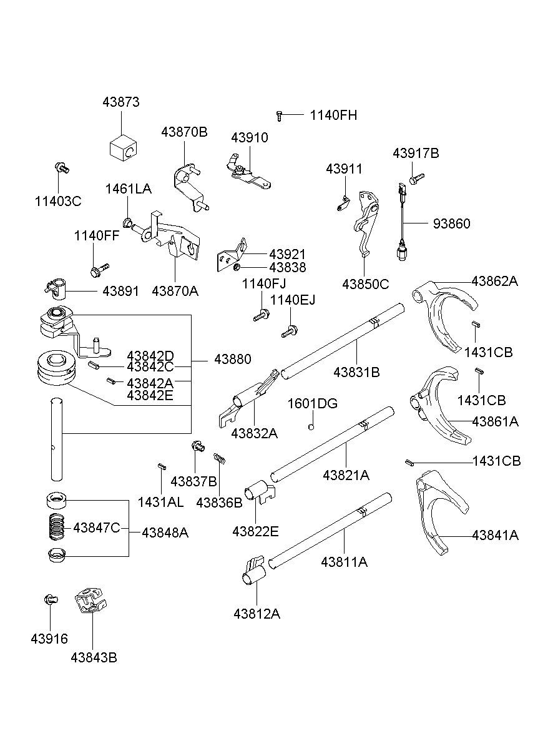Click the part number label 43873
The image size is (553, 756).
[121, 102]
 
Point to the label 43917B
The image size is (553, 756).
[416, 154]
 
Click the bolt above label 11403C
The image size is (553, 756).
[61, 167]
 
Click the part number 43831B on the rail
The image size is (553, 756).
[356, 373]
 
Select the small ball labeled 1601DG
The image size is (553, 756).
[311, 427]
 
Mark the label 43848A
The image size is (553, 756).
[165, 533]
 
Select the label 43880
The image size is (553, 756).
[232, 360]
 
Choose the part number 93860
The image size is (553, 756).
[451, 223]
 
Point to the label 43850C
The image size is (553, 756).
[365, 285]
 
